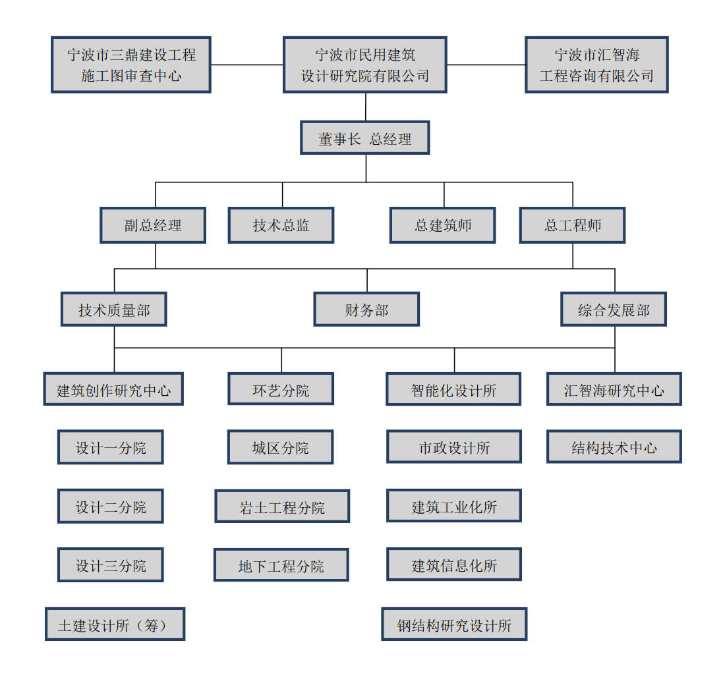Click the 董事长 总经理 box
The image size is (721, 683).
(365, 138)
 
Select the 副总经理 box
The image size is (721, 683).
(153, 225)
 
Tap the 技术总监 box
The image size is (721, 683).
(281, 225)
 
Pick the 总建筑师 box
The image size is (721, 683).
(443, 225)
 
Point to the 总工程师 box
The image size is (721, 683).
(573, 225)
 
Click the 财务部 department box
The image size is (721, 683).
(366, 310)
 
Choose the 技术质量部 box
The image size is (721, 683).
(114, 310)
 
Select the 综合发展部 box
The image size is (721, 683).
(614, 310)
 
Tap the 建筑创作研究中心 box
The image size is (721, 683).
(113, 389)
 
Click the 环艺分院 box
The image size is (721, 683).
(281, 389)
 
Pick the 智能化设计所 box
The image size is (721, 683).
(454, 389)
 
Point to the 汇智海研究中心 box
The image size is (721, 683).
(614, 389)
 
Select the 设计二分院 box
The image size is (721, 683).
(111, 506)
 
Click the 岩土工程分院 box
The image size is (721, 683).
(282, 506)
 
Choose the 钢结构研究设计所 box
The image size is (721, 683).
(454, 624)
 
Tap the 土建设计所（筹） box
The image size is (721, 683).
(115, 624)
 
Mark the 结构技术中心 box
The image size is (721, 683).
(614, 447)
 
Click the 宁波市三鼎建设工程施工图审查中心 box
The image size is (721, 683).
(131, 65)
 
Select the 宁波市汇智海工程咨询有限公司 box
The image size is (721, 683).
(597, 65)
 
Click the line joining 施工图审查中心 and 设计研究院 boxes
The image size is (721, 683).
(247, 65)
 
